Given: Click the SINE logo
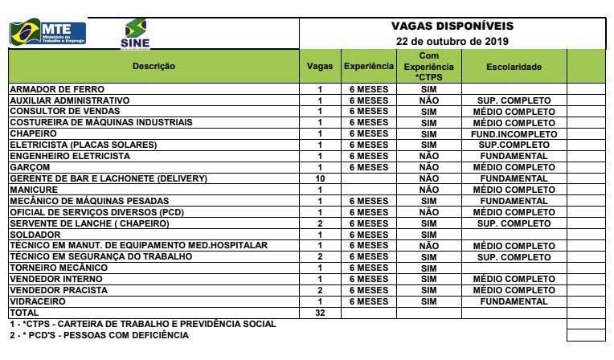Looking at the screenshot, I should (134, 35).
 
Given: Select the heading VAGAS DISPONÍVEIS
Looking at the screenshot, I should (452, 26).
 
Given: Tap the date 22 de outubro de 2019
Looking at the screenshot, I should (452, 41).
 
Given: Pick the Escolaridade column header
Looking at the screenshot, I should (514, 66).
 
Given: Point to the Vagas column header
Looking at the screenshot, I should (320, 66).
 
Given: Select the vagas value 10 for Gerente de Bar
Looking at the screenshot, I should (320, 178).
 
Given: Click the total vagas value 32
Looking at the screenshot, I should (320, 313).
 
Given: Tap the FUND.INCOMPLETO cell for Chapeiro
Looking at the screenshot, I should (514, 134).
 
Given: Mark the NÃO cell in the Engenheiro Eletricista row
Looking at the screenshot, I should (429, 156).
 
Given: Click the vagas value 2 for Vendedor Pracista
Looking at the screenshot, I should (320, 290).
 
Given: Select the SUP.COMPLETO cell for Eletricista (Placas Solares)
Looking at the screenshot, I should (514, 145).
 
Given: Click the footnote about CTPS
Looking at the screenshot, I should (142, 324).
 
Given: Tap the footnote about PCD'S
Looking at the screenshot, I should (99, 335).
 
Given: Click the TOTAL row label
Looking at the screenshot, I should (23, 313).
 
